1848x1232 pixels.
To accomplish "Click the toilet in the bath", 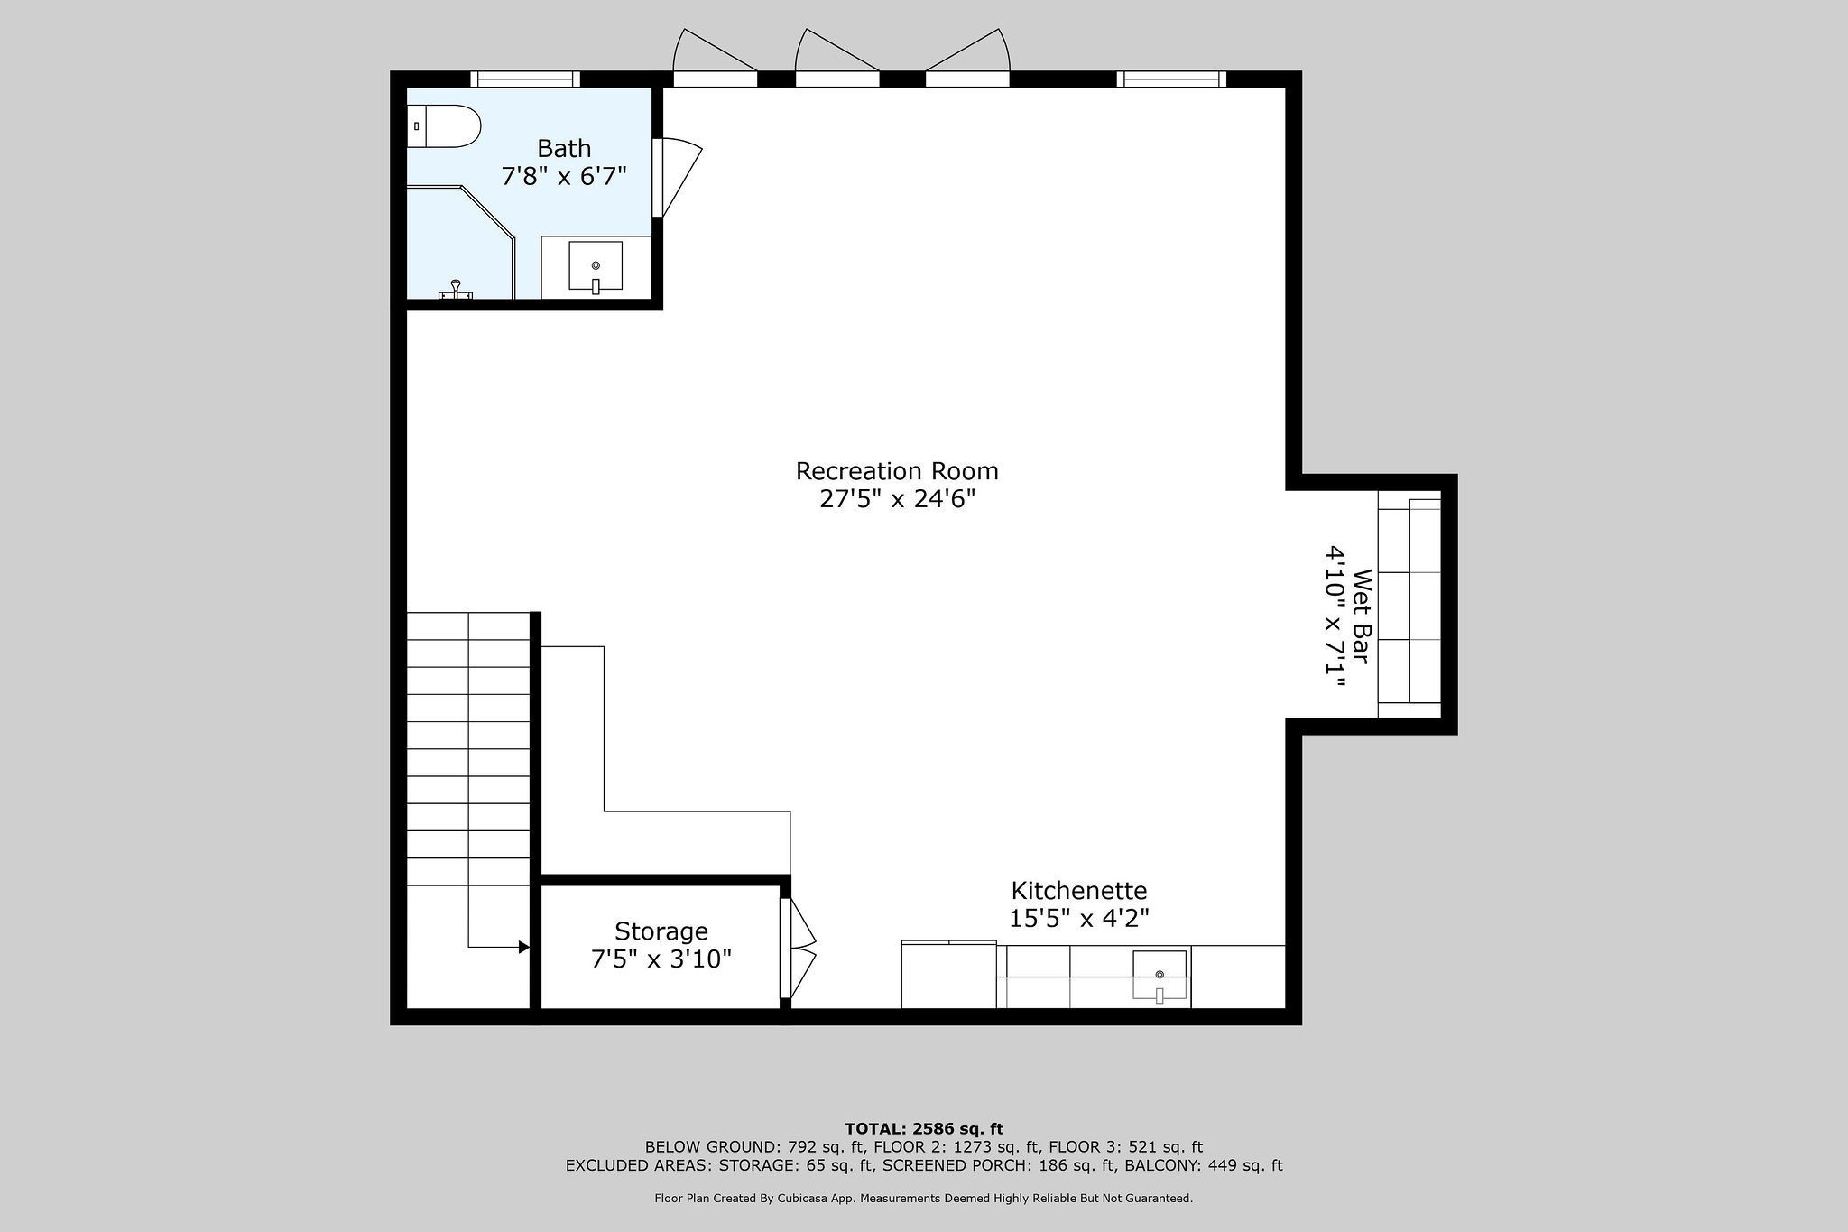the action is click(443, 126).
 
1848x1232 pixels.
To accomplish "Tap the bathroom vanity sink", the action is click(596, 266).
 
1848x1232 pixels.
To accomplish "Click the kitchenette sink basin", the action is click(1160, 976).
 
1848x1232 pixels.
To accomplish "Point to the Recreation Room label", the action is click(897, 470).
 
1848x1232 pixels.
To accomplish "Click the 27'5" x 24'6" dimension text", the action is click(897, 499).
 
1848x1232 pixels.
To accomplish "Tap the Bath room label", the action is click(564, 147).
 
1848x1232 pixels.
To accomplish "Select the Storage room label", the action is click(661, 931).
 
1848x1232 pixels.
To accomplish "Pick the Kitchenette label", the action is click(1078, 890).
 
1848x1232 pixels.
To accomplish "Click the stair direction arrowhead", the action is click(523, 947).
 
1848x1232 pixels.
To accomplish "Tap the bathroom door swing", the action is click(677, 177).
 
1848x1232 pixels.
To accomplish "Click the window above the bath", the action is click(525, 79).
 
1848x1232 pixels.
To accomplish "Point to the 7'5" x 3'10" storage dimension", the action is click(661, 959).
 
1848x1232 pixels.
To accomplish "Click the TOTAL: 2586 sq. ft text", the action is click(924, 1128).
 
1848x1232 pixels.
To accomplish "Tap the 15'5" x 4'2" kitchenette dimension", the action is click(1078, 918).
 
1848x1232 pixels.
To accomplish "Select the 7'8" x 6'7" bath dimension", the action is click(564, 175).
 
